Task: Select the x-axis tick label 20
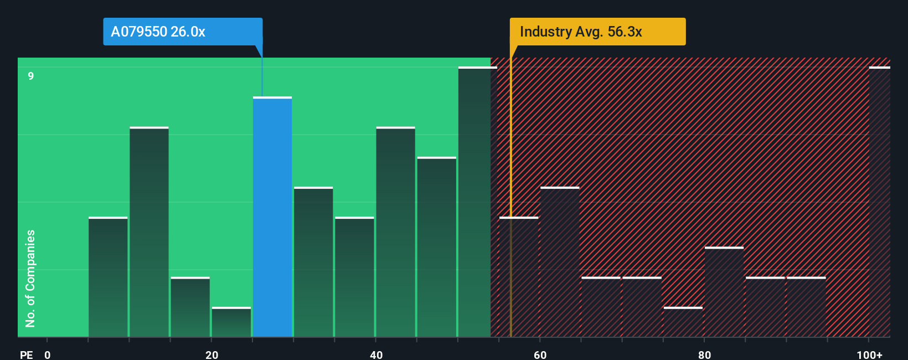pyautogui.click(x=211, y=354)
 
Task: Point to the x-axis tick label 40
pyautogui.click(x=376, y=354)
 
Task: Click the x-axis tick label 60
pyautogui.click(x=540, y=354)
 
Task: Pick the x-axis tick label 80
pyautogui.click(x=704, y=354)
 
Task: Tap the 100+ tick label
pyautogui.click(x=869, y=354)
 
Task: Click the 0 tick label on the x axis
pyautogui.click(x=48, y=354)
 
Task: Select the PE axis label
pyautogui.click(x=26, y=354)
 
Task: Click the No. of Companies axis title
pyautogui.click(x=30, y=278)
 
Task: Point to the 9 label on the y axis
pyautogui.click(x=31, y=76)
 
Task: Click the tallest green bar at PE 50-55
pyautogui.click(x=474, y=202)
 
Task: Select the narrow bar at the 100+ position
pyautogui.click(x=879, y=202)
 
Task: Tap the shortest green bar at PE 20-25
pyautogui.click(x=231, y=322)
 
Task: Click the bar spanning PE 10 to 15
pyautogui.click(x=149, y=233)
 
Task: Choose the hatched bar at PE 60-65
pyautogui.click(x=560, y=263)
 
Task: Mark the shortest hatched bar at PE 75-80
pyautogui.click(x=683, y=322)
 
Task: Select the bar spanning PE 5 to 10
pyautogui.click(x=108, y=277)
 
